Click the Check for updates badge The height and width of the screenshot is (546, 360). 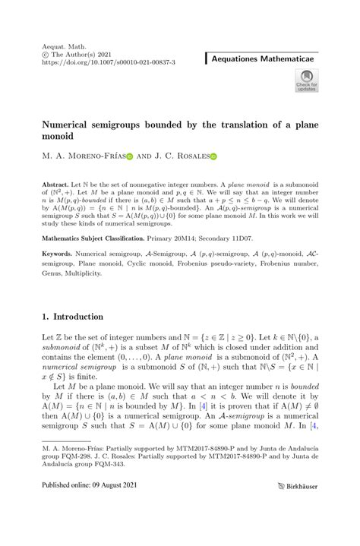307,80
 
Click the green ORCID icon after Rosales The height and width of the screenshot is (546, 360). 213,156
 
